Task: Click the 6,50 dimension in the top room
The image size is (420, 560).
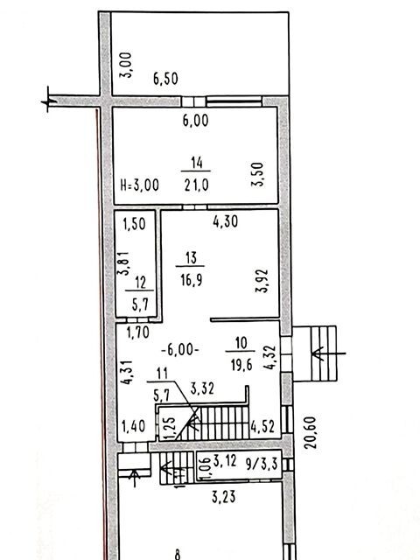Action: [x=165, y=79]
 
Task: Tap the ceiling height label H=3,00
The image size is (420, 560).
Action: [x=140, y=185]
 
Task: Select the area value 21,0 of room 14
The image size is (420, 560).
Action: [x=196, y=185]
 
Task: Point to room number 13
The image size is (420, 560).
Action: [x=191, y=257]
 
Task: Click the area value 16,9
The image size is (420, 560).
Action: [x=191, y=280]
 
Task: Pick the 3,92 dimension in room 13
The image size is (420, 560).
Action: [x=262, y=281]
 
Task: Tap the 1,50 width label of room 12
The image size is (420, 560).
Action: [x=134, y=224]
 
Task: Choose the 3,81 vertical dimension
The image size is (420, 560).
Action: [x=124, y=263]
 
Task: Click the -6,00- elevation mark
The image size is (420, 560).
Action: [x=180, y=350]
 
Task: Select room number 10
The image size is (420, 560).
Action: [x=241, y=343]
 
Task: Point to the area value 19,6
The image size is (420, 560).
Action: [x=241, y=366]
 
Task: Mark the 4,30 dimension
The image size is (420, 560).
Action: [x=226, y=221]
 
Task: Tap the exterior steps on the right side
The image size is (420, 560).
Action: [x=324, y=353]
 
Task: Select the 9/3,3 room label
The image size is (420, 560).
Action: [x=262, y=465]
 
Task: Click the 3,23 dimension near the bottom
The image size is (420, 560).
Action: [x=224, y=497]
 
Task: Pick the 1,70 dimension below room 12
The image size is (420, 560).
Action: [x=138, y=332]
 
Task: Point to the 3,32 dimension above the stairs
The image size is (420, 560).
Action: [x=202, y=388]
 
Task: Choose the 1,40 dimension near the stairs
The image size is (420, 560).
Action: [x=134, y=426]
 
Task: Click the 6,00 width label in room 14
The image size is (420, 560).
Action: [x=195, y=121]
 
